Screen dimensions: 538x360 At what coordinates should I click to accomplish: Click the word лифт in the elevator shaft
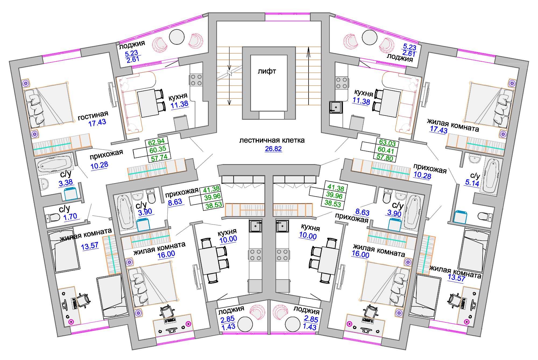267,71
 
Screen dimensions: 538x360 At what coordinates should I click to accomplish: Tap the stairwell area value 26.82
273,149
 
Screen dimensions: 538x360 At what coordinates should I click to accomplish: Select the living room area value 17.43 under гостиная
97,123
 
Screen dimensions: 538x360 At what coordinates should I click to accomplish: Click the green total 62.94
156,142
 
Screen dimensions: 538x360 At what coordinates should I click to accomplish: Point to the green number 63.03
387,143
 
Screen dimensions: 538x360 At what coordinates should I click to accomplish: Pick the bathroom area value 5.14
472,183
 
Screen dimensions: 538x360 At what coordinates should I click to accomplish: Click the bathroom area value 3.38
66,183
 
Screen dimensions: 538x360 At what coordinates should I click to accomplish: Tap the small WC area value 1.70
70,217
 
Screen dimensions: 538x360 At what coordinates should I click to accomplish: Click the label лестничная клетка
272,140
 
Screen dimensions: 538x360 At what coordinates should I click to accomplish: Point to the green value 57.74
159,158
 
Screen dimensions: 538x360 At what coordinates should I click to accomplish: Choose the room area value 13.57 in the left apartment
90,246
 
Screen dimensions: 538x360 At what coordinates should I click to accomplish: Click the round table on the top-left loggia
177,37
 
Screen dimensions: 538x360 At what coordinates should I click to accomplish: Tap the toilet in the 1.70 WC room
53,217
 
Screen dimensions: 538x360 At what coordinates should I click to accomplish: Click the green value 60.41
386,150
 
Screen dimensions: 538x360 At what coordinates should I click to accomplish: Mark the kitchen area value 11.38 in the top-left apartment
180,104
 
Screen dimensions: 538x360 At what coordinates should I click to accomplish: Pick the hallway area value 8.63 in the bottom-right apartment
362,212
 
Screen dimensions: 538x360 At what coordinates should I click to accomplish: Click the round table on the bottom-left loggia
245,324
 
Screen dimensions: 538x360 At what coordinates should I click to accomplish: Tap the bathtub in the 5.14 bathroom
491,177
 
